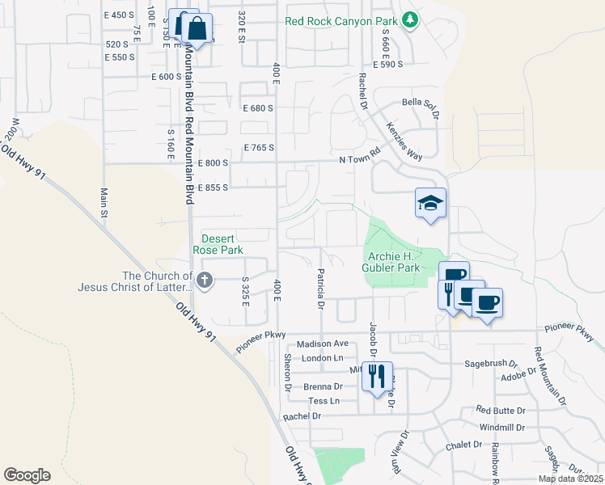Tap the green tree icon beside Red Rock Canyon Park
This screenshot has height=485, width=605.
click(x=411, y=19)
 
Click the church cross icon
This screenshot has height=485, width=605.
click(x=205, y=280)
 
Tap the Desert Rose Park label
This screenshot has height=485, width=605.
click(x=218, y=244)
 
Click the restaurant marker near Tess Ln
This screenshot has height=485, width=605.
click(x=377, y=377)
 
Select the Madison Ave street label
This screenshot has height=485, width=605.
click(x=323, y=344)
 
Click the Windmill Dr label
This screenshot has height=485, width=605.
click(x=501, y=428)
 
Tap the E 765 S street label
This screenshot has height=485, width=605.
click(x=259, y=148)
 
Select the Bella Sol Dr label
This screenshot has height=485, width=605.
click(x=421, y=104)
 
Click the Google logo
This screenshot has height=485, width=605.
click(x=27, y=474)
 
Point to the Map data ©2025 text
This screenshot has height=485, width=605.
click(x=569, y=479)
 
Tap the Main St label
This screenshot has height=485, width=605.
click(x=104, y=203)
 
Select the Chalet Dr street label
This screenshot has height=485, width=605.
click(x=463, y=445)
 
